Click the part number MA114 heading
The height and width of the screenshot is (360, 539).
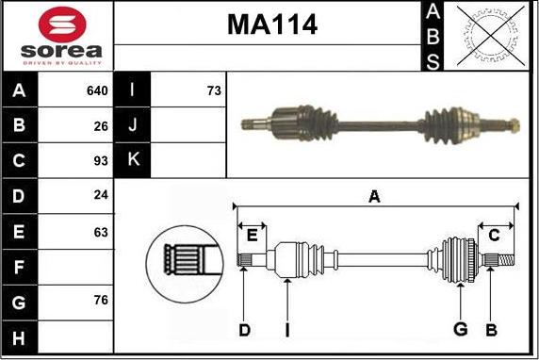click(x=272, y=25)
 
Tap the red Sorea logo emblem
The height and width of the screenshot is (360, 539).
click(x=62, y=25)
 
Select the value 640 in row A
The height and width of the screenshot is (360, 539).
click(x=97, y=90)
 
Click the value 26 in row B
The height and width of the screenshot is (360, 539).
click(x=101, y=126)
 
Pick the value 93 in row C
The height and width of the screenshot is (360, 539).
click(x=101, y=160)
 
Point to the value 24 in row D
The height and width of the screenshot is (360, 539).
click(x=101, y=195)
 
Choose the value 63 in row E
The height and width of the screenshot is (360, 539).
click(x=101, y=233)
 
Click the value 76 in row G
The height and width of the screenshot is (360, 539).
click(x=101, y=301)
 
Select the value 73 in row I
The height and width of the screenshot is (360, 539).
click(x=214, y=90)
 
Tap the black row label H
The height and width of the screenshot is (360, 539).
click(x=19, y=337)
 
